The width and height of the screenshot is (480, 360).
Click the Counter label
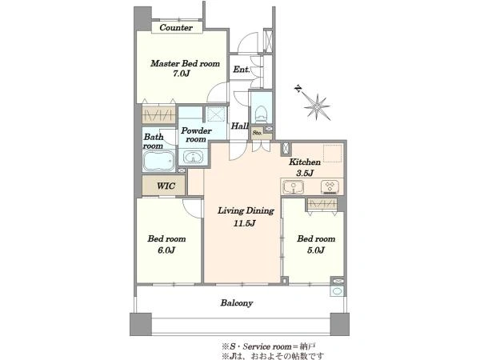[x=176, y=27]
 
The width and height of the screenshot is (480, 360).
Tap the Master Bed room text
[x=186, y=63]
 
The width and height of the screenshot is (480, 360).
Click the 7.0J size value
[x=182, y=74]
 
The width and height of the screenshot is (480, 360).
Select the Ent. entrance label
[x=242, y=70]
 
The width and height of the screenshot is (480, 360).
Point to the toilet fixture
[x=261, y=114]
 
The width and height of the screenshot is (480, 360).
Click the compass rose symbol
[x=317, y=106]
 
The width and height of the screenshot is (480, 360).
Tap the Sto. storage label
[x=257, y=133]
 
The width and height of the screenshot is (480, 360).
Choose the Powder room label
[x=196, y=134]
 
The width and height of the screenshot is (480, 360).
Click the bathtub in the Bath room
[x=158, y=160]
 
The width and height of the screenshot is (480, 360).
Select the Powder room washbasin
[x=193, y=157]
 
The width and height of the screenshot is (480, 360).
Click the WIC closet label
[x=166, y=186]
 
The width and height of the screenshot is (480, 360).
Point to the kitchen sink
[x=294, y=186]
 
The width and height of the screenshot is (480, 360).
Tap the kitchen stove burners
[x=330, y=186]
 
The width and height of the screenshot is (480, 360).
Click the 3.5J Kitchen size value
[x=305, y=173]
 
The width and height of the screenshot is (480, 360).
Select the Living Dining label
[x=246, y=211]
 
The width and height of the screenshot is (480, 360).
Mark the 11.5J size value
[x=245, y=223]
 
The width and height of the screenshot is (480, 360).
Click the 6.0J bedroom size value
[x=166, y=250]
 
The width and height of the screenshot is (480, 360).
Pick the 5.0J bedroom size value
[x=316, y=250]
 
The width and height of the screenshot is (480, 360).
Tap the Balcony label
[x=237, y=303]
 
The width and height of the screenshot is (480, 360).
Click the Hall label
[x=240, y=126]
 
